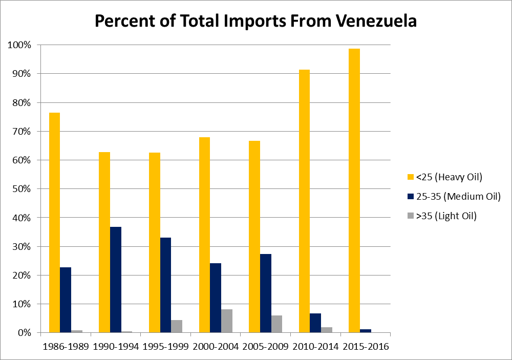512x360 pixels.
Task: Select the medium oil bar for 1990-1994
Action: click(x=116, y=280)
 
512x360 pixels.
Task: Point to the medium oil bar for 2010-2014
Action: click(x=315, y=323)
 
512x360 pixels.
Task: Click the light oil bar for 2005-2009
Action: click(x=276, y=324)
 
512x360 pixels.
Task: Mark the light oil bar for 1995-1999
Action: click(x=177, y=326)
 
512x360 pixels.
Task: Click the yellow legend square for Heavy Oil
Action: click(x=410, y=177)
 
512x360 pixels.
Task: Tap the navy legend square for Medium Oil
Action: click(x=410, y=197)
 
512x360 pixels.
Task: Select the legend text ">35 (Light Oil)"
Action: click(x=446, y=216)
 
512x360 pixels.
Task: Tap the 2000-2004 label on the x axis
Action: click(x=216, y=347)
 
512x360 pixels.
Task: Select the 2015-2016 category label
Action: click(x=366, y=347)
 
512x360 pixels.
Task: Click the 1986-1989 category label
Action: click(x=66, y=347)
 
